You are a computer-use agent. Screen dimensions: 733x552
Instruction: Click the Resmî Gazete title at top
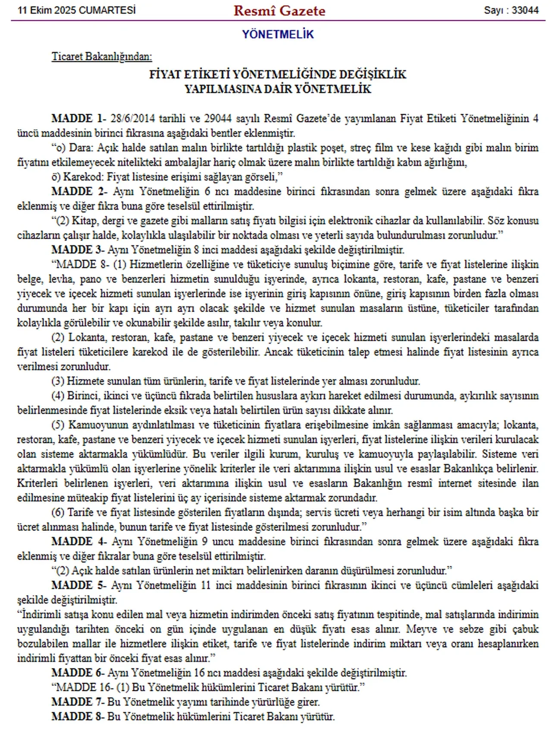pos(279,11)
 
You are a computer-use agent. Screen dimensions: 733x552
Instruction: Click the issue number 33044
pos(525,10)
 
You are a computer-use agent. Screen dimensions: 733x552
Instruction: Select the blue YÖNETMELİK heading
pos(278,34)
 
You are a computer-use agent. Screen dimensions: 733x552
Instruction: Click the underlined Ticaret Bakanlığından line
pos(102,56)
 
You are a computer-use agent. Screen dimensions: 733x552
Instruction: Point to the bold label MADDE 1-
pos(78,119)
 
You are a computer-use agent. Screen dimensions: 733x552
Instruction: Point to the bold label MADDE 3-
pos(77,250)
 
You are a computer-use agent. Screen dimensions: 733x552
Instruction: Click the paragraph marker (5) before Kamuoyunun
pos(58,425)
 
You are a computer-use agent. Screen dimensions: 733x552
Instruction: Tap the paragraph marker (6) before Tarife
pos(58,512)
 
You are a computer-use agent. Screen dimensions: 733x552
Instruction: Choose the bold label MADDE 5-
pos(78,585)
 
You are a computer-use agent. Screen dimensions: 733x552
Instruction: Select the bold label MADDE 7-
pos(77,702)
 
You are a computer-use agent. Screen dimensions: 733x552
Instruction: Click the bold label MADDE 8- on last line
pos(77,717)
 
